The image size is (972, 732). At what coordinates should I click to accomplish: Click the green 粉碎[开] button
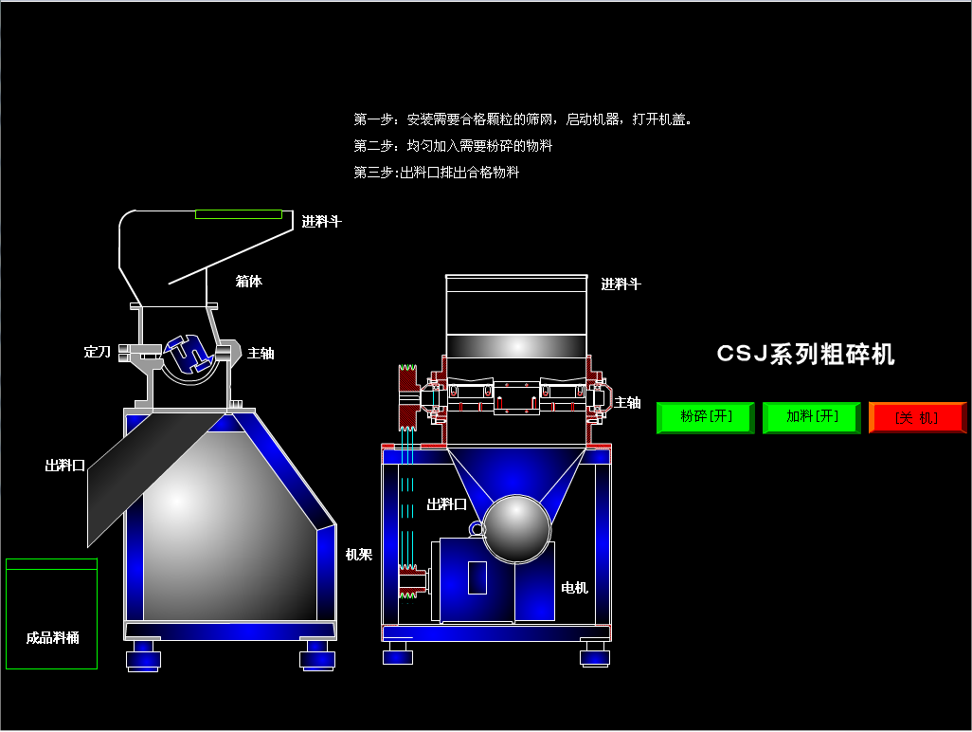pyautogui.click(x=706, y=417)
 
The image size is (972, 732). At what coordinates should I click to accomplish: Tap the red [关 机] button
pyautogui.click(x=917, y=417)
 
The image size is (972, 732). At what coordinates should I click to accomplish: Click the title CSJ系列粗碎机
pyautogui.click(x=805, y=355)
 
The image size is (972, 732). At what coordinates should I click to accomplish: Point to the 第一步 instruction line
pyautogui.click(x=522, y=119)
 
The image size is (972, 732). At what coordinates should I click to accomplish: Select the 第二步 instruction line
pyautogui.click(x=453, y=146)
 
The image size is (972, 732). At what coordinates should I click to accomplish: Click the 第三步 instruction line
pyautogui.click(x=436, y=173)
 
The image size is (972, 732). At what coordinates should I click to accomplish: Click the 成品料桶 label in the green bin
pyautogui.click(x=53, y=638)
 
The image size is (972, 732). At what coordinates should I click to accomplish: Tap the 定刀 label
pyautogui.click(x=98, y=353)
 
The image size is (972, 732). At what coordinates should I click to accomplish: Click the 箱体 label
pyautogui.click(x=248, y=282)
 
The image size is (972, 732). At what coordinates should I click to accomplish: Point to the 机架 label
pyautogui.click(x=359, y=555)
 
